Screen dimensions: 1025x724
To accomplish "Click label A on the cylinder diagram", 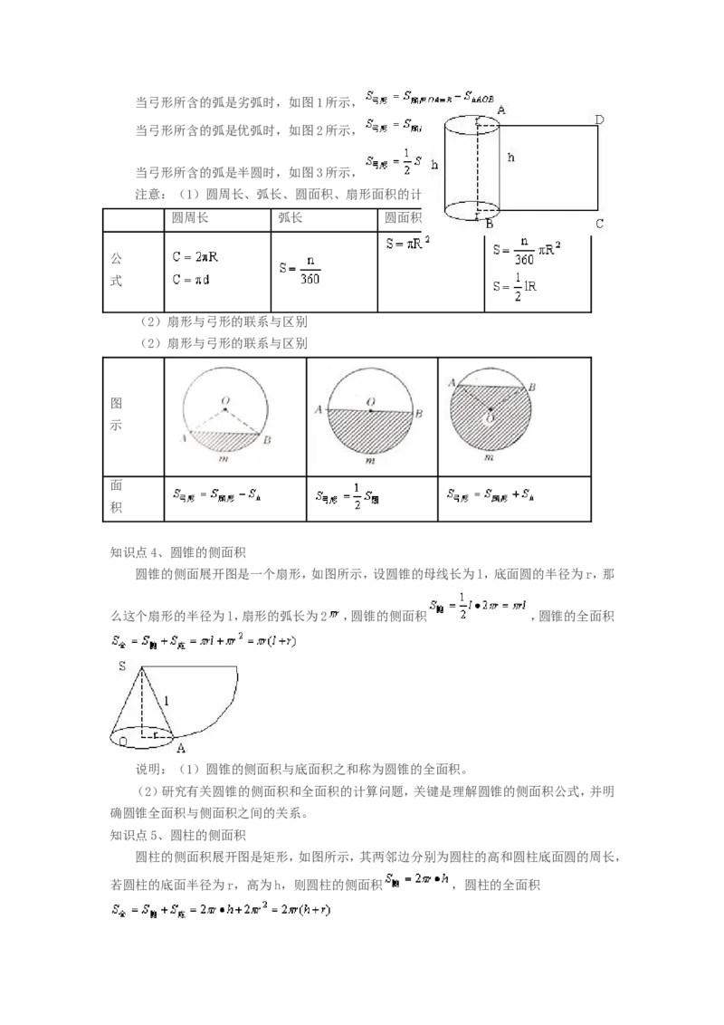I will coord(500,110).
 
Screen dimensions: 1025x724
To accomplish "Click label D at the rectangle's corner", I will coord(599,119).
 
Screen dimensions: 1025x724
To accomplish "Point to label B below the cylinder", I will coord(489,224).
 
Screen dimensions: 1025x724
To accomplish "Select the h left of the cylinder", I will coord(434,165).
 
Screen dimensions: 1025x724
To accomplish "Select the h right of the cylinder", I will coord(511,158).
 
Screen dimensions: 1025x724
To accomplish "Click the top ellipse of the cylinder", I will coord(472,124).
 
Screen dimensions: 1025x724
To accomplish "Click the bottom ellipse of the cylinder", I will coord(472,211).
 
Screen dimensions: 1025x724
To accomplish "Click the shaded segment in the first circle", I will coord(224,441).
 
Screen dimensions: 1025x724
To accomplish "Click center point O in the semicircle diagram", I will coord(370,409).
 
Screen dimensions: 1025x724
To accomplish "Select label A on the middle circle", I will coord(319,410).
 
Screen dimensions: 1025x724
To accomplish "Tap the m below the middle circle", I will coord(369,460).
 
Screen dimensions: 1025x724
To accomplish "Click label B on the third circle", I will coord(532,387).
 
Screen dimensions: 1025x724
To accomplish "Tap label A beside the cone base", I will coord(181,748).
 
